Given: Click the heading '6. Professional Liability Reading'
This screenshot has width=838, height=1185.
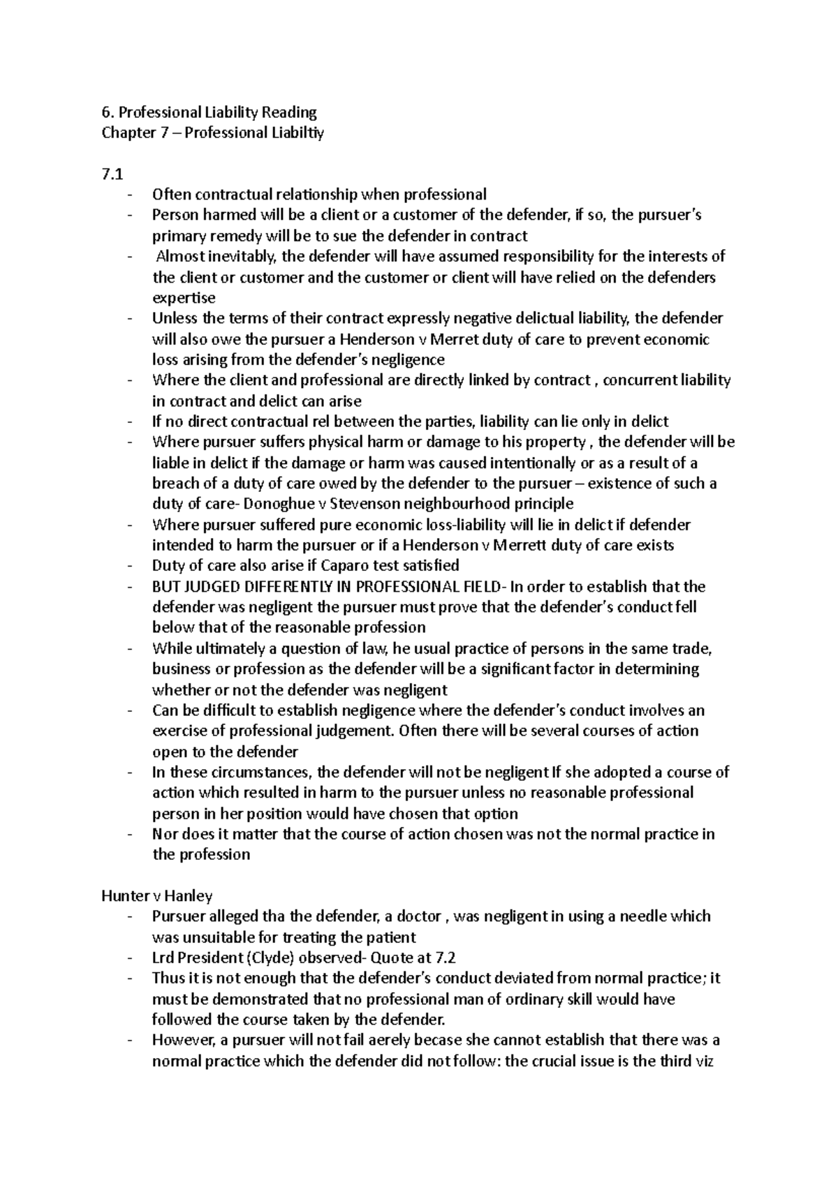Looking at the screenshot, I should click(x=209, y=112).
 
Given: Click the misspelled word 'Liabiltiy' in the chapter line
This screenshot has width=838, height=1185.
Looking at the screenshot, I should click(x=297, y=133).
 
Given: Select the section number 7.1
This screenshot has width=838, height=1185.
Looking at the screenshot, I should click(x=112, y=174).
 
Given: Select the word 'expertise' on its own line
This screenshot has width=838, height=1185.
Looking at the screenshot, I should click(x=184, y=298).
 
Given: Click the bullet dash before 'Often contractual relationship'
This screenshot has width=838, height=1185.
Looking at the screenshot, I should click(x=129, y=195).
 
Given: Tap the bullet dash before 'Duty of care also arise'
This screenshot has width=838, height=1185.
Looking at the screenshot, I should click(x=129, y=566).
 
